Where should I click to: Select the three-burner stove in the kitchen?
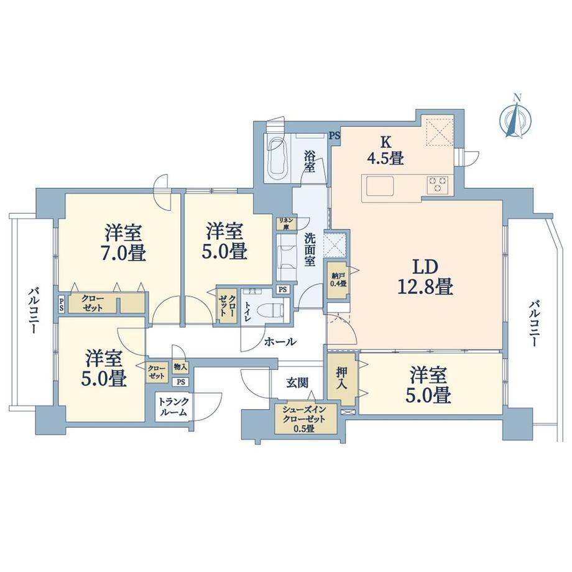(x=438, y=185)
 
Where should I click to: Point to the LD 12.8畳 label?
(x=425, y=277)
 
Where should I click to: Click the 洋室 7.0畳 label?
(x=124, y=243)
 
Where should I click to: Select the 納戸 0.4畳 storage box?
(x=338, y=279)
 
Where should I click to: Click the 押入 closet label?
(x=342, y=378)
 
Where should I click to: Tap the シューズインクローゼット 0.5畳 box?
(x=306, y=419)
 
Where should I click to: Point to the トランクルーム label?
(x=173, y=407)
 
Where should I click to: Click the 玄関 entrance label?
(x=297, y=382)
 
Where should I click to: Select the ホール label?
(x=280, y=342)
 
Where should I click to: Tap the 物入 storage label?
(x=180, y=367)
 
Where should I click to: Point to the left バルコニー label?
(x=34, y=311)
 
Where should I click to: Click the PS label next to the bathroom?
(x=335, y=136)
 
